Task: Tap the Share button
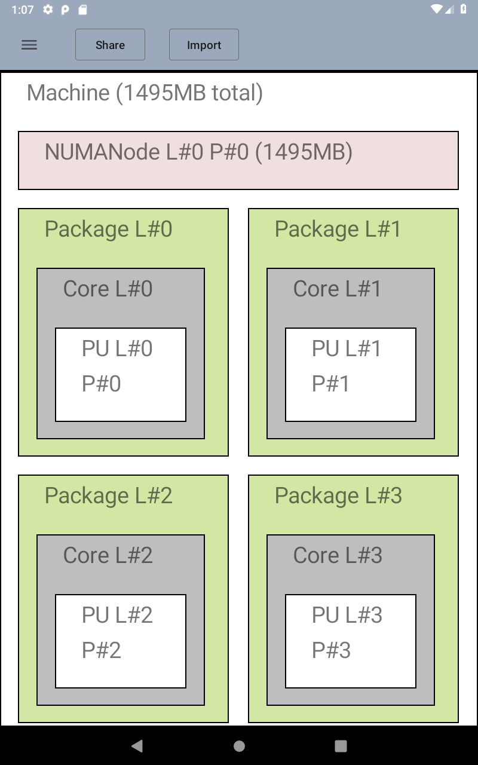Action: pos(110,45)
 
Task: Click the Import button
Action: pos(204,45)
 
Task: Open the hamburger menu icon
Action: pos(29,45)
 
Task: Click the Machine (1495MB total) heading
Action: pos(145,93)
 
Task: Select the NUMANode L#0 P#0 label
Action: pos(198,152)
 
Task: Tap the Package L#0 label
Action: pos(108,229)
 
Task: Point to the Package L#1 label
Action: pos(338,229)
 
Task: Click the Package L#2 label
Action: pos(108,496)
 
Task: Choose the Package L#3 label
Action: pos(338,496)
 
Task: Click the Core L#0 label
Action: pos(108,289)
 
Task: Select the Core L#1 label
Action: pos(337,289)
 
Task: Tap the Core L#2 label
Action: pos(108,556)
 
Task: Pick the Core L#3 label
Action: pos(338,556)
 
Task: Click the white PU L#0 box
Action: pos(121,374)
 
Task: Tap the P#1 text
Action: pos(330,384)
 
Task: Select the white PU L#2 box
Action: pos(121,641)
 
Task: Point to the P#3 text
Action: pos(331,651)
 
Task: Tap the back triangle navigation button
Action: pos(137,746)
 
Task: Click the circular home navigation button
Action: pos(239,746)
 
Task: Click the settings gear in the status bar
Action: pos(48,10)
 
